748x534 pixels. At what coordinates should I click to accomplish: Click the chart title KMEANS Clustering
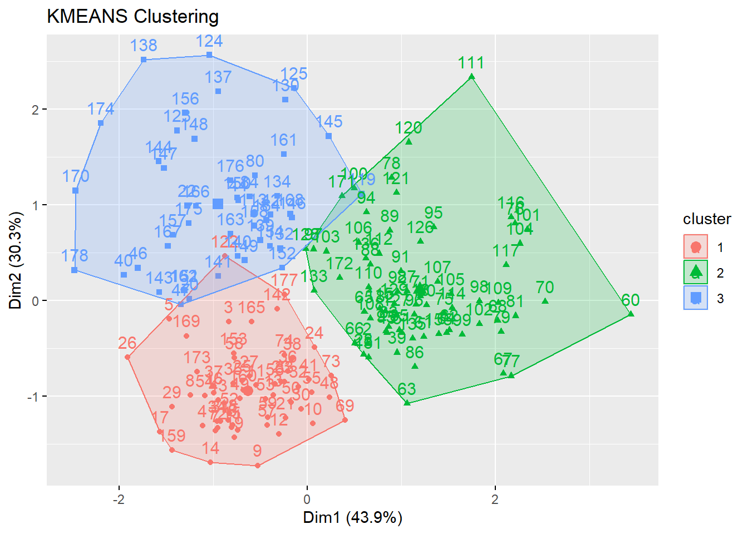[x=132, y=17]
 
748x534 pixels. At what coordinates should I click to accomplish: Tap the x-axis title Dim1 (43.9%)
[x=352, y=518]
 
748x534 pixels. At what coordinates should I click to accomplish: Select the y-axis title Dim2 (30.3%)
[x=16, y=260]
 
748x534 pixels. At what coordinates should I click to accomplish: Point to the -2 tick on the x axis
[x=119, y=500]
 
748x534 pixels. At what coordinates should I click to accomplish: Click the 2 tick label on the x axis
[x=495, y=500]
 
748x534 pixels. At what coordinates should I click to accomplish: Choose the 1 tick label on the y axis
[x=36, y=205]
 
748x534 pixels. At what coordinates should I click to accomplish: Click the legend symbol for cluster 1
[x=695, y=247]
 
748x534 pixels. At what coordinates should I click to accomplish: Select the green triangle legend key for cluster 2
[x=695, y=272]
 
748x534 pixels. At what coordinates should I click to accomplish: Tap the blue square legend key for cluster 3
[x=695, y=298]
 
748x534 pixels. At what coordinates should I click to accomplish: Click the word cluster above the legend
[x=707, y=219]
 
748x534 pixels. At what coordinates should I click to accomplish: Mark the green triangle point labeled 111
[x=471, y=77]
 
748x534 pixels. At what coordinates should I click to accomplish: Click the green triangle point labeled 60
[x=631, y=314]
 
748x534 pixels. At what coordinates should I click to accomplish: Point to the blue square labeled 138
[x=144, y=60]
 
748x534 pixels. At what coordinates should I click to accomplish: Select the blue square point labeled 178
[x=75, y=270]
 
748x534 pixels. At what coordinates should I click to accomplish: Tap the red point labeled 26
[x=127, y=357]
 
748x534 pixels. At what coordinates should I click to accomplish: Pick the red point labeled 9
[x=257, y=465]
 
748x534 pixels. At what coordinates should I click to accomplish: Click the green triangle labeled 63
[x=407, y=402]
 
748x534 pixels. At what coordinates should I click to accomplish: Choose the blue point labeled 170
[x=76, y=191]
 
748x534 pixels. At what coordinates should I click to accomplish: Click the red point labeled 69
[x=345, y=419]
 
